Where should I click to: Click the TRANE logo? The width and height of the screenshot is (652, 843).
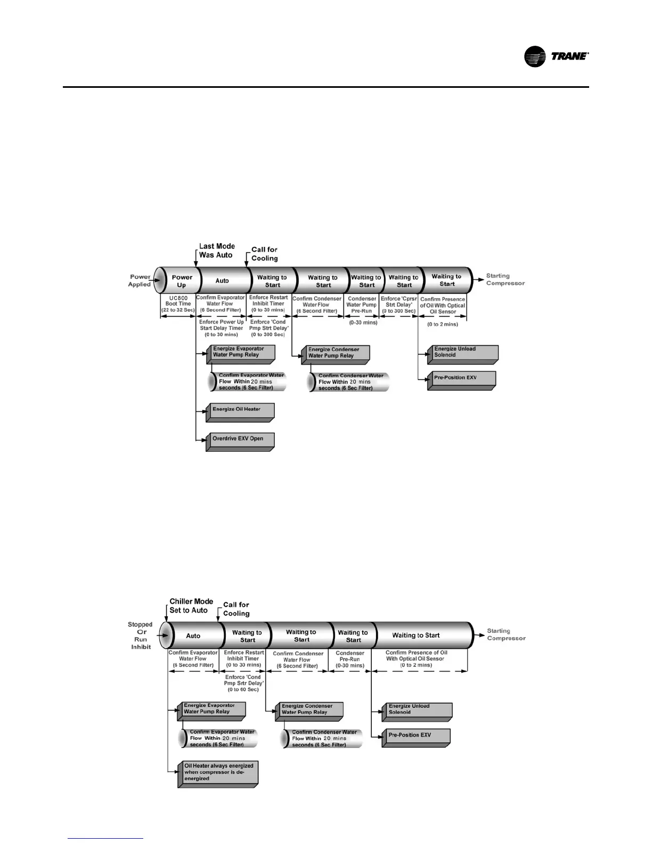coord(556,56)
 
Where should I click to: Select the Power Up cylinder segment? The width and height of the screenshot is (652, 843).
coord(182,281)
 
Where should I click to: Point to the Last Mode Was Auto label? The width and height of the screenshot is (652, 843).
coord(217,251)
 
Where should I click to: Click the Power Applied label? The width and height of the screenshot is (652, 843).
coord(140,280)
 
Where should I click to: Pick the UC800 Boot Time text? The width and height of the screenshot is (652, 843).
coord(178,304)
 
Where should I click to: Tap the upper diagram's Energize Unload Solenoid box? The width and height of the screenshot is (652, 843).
coord(462,352)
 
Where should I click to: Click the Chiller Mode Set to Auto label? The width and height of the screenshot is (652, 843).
coord(191,606)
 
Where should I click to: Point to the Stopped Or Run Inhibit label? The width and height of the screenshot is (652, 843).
coord(140,635)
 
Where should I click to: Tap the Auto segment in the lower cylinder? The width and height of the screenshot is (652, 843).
coord(193,636)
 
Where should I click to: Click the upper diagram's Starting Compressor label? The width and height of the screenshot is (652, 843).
coord(505,279)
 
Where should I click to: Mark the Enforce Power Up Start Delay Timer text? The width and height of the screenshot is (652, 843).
coord(222,328)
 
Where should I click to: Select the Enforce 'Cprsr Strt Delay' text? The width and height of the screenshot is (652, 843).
coord(399,305)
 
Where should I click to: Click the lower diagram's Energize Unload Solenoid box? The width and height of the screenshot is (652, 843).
coord(417,709)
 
